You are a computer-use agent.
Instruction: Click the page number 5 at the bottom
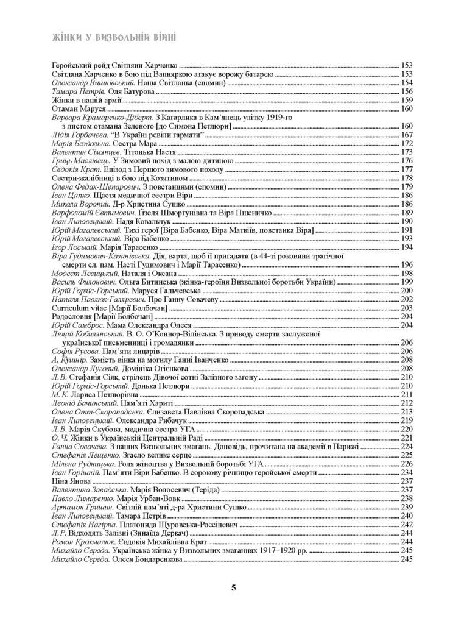[x=234, y=587]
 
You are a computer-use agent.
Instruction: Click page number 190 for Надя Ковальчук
[x=407, y=221]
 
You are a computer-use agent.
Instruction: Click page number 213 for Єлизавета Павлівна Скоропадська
[x=407, y=412]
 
